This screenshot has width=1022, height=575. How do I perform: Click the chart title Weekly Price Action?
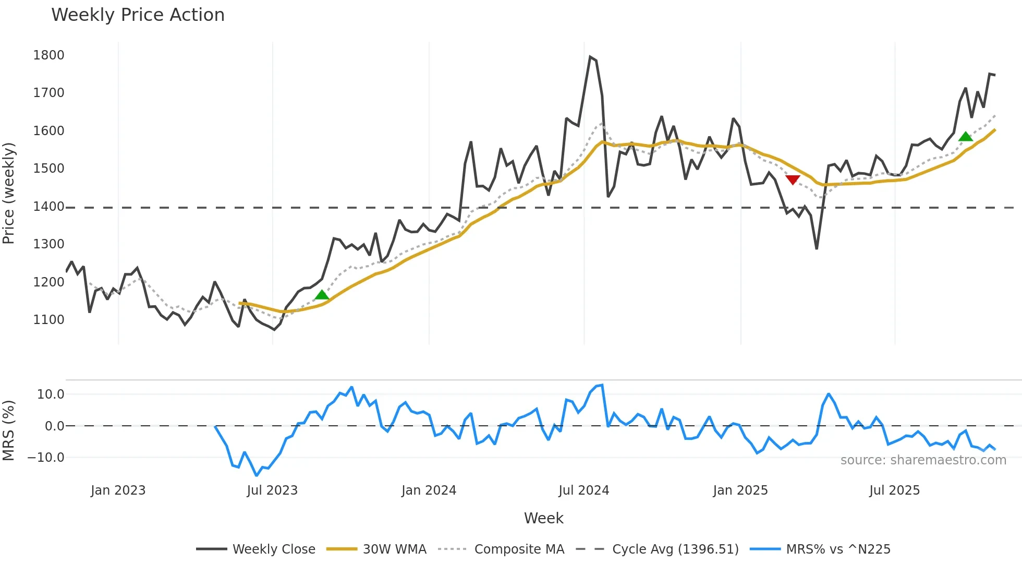pyautogui.click(x=138, y=15)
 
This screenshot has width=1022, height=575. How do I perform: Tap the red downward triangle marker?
pyautogui.click(x=793, y=180)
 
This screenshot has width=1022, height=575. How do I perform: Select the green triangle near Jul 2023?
pyautogui.click(x=322, y=295)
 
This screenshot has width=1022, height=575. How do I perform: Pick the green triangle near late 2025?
pyautogui.click(x=965, y=137)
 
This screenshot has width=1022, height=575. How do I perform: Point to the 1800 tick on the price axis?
pyautogui.click(x=48, y=55)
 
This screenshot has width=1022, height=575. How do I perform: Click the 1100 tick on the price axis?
pyautogui.click(x=48, y=320)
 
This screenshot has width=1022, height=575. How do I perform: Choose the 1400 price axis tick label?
pyautogui.click(x=48, y=207)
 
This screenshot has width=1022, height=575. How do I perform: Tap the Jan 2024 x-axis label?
pyautogui.click(x=429, y=490)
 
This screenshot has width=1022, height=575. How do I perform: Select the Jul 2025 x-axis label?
pyautogui.click(x=894, y=490)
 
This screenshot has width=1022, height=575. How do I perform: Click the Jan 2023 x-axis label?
pyautogui.click(x=118, y=490)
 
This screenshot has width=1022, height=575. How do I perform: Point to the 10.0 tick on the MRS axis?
pyautogui.click(x=51, y=394)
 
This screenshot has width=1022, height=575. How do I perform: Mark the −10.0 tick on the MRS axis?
pyautogui.click(x=46, y=458)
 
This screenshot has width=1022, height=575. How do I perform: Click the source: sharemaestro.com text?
pyautogui.click(x=923, y=460)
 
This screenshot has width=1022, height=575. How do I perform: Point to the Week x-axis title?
pyautogui.click(x=543, y=518)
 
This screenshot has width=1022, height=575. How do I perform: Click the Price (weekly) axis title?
pyautogui.click(x=8, y=193)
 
